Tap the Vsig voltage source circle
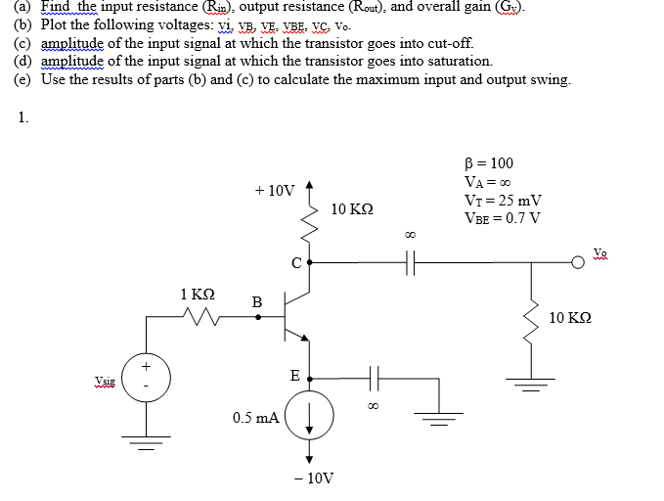147,378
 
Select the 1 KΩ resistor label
197,293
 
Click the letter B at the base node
257,302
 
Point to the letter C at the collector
294,262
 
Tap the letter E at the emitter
294,375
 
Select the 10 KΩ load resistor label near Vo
570,317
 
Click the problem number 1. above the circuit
22,118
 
